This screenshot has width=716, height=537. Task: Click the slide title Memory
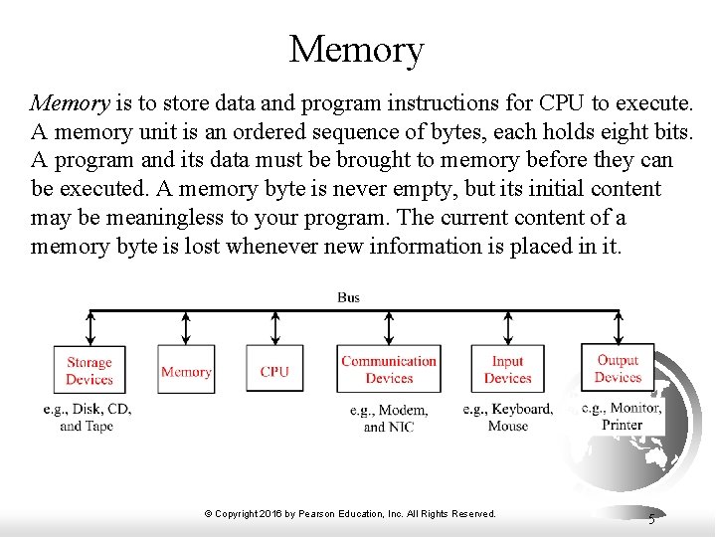(356, 49)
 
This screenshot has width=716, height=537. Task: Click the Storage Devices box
(89, 370)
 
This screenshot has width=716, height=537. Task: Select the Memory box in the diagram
(186, 371)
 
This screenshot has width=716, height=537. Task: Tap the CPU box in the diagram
(274, 371)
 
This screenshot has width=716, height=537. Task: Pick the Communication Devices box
(389, 370)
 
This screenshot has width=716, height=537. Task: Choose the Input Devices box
(508, 370)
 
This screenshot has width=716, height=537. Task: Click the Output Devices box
(618, 368)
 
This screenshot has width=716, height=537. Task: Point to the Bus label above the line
(348, 297)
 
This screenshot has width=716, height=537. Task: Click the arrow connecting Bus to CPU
(275, 327)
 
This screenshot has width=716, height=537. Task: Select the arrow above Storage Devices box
(90, 327)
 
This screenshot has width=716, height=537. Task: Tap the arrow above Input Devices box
(509, 327)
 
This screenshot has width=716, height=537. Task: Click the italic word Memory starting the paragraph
(70, 102)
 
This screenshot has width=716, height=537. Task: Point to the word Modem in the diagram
(404, 410)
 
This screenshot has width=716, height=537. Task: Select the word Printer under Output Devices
(623, 425)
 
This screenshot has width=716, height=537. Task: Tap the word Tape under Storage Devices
(99, 426)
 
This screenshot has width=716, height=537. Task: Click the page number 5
(651, 517)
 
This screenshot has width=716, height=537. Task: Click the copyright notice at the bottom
(350, 513)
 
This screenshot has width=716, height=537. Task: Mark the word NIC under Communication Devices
(401, 427)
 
